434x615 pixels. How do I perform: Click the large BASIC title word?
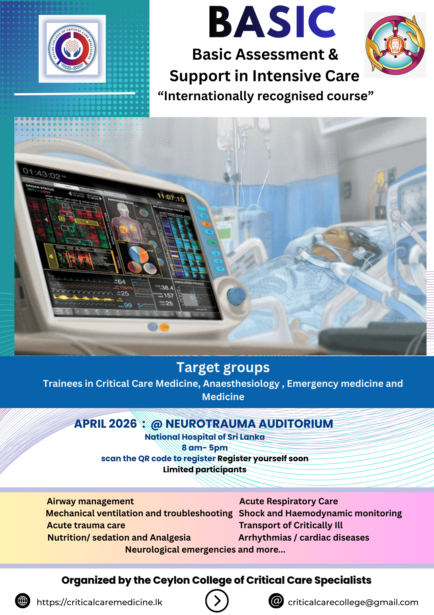[272, 22]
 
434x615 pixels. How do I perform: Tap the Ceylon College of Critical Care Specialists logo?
[72, 49]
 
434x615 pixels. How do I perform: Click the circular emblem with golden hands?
[395, 45]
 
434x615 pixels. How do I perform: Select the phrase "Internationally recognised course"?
[265, 96]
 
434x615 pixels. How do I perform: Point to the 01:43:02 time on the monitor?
[42, 173]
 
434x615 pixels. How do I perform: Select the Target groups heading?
[223, 367]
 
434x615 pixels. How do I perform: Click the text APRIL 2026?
[105, 424]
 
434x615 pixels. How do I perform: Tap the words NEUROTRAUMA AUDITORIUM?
[249, 424]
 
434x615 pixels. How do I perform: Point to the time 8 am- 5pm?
[205, 448]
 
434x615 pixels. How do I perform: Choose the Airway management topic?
[90, 501]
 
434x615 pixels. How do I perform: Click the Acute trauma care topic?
[86, 525]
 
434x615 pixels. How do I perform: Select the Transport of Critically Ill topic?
[291, 525]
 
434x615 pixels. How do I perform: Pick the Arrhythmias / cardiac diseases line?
[304, 538]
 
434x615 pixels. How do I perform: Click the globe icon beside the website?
[22, 601]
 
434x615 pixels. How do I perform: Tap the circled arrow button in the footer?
[217, 601]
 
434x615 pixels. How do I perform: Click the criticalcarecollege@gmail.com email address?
[353, 602]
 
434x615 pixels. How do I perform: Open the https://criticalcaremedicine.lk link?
[99, 602]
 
